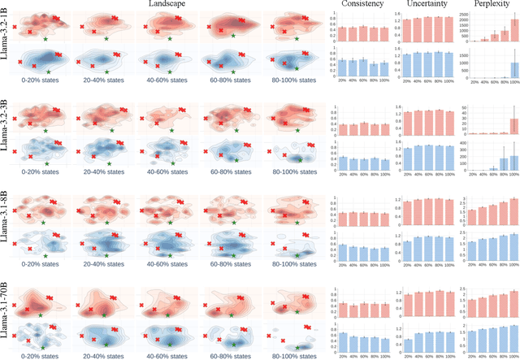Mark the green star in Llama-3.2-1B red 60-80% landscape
click(x=233, y=36)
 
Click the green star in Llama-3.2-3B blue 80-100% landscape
click(x=299, y=160)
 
